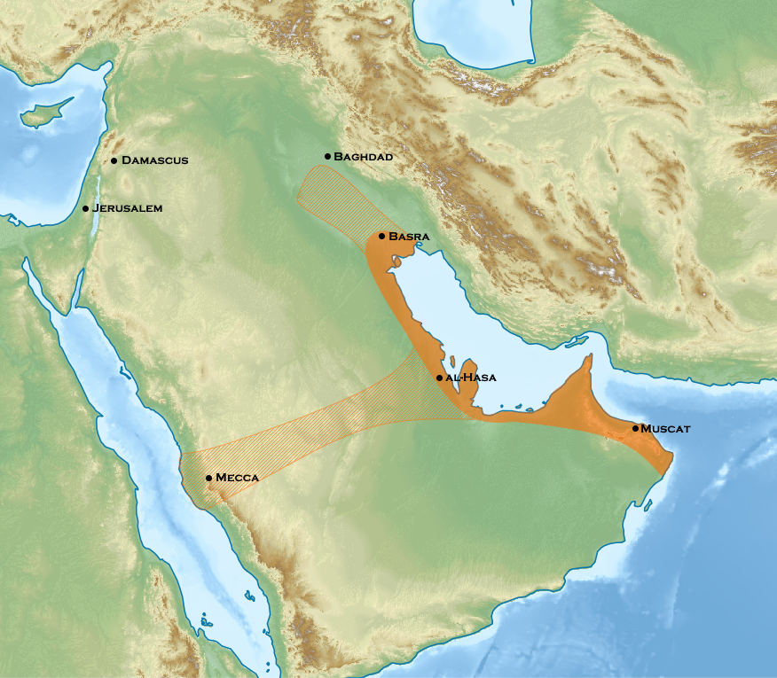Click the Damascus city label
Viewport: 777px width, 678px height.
pyautogui.click(x=155, y=160)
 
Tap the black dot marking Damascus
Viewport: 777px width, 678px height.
pyautogui.click(x=114, y=160)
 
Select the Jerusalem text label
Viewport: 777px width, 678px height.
pyautogui.click(x=128, y=208)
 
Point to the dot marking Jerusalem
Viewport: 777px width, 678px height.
pyautogui.click(x=86, y=208)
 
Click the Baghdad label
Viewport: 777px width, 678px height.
pyautogui.click(x=363, y=156)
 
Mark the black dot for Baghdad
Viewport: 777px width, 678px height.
pyautogui.click(x=327, y=156)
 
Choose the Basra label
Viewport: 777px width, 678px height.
pyautogui.click(x=409, y=237)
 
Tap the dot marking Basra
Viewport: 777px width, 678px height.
pyautogui.click(x=381, y=236)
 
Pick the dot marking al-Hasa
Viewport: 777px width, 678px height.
pyautogui.click(x=439, y=378)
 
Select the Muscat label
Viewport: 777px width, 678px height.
pyautogui.click(x=665, y=428)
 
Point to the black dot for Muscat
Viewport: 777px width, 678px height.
pyautogui.click(x=635, y=428)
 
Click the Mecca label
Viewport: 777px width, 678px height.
pyautogui.click(x=237, y=478)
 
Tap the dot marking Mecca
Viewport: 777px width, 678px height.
pyautogui.click(x=208, y=478)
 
